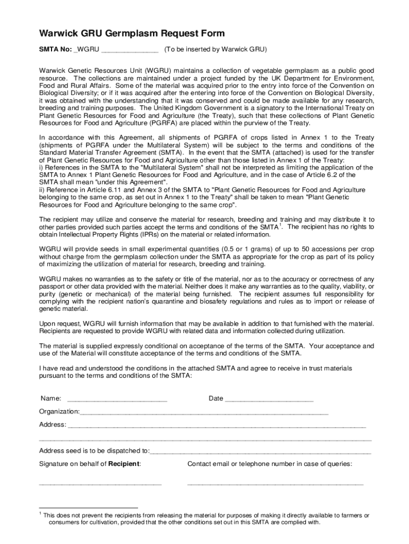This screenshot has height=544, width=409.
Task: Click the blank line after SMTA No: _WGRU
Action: (x=130, y=50)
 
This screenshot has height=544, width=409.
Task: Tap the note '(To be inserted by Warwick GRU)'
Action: (x=215, y=49)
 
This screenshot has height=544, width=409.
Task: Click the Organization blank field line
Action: (x=204, y=413)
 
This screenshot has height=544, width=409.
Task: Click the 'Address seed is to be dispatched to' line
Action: (x=260, y=452)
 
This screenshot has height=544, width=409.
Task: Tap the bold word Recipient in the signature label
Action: (x=124, y=464)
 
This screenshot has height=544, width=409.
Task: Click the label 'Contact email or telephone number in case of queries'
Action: (x=269, y=464)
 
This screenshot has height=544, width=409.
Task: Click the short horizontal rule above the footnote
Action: (x=88, y=508)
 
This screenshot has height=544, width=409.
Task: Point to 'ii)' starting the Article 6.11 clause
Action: (x=42, y=190)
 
